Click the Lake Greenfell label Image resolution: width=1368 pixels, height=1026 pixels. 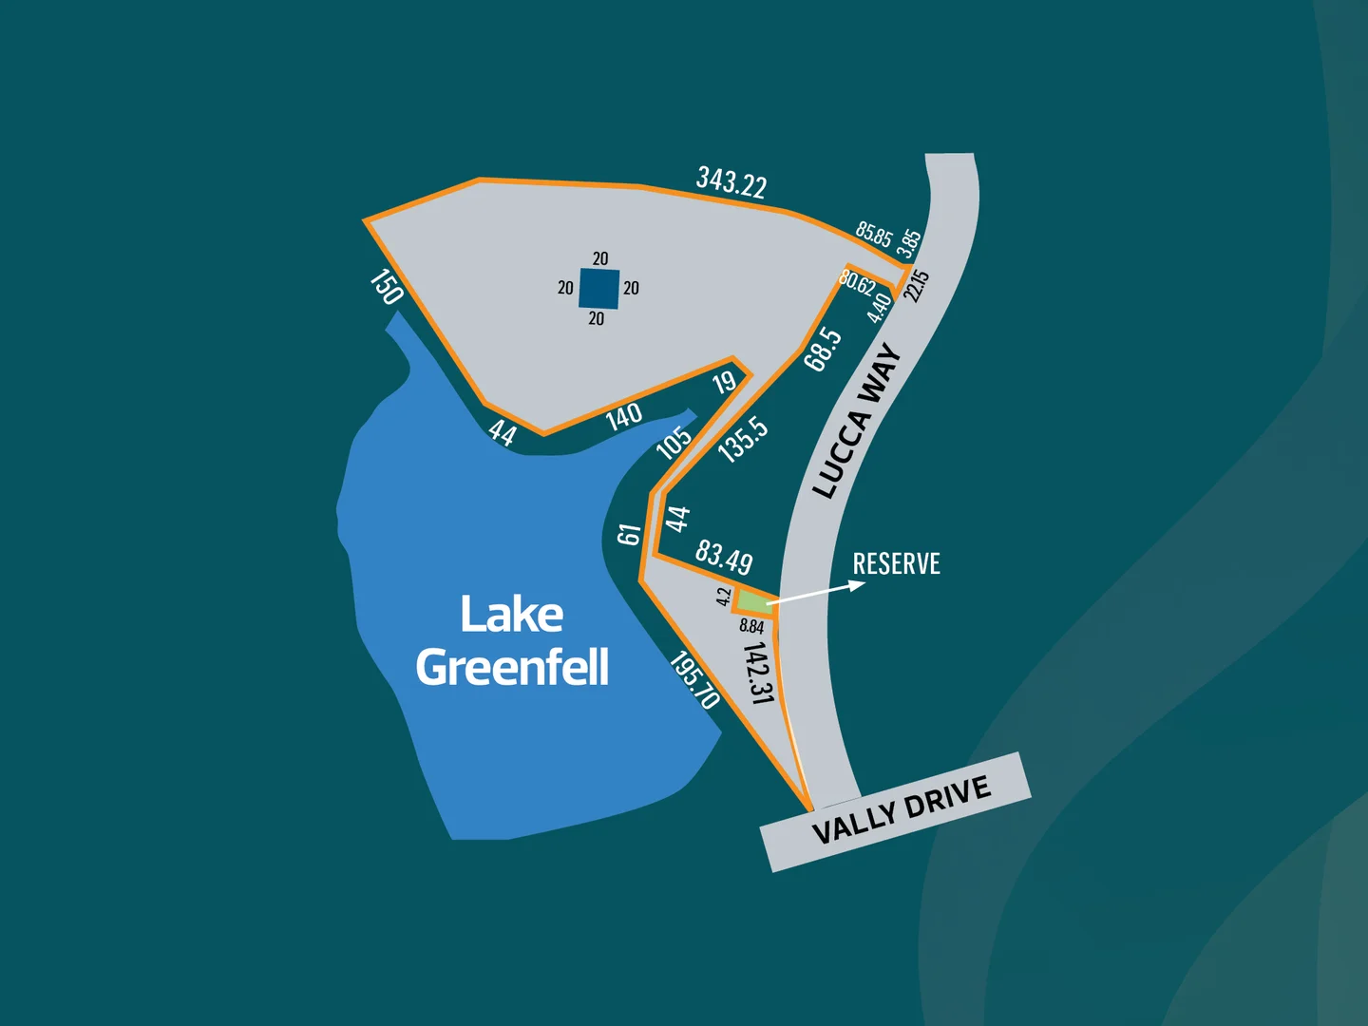click(x=513, y=640)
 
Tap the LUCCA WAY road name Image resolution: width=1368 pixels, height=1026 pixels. click(x=858, y=421)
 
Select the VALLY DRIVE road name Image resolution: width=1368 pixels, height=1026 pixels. click(x=901, y=809)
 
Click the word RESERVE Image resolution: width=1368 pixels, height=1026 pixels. click(x=896, y=563)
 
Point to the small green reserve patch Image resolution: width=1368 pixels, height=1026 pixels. click(x=753, y=601)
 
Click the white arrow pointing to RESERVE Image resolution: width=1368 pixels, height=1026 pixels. click(x=817, y=592)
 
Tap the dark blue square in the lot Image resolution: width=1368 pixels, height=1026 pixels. click(x=599, y=289)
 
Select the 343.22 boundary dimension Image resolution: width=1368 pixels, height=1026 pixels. click(x=731, y=181)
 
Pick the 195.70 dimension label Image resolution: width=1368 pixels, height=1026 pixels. click(x=694, y=679)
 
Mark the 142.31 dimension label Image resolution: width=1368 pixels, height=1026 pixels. click(x=757, y=673)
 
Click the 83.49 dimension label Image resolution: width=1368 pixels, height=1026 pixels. click(x=724, y=557)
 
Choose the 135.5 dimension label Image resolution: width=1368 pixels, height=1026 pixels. click(x=743, y=439)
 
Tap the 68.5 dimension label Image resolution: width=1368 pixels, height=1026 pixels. click(x=823, y=349)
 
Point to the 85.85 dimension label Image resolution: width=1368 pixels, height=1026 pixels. click(x=873, y=234)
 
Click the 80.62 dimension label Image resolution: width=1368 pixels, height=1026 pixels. click(x=857, y=282)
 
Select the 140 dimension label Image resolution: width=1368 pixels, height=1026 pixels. click(x=624, y=416)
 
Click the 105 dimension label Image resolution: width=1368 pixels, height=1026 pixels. click(x=674, y=442)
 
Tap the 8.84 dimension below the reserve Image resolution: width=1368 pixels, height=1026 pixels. click(x=751, y=626)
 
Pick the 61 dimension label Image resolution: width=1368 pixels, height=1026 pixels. click(x=629, y=535)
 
